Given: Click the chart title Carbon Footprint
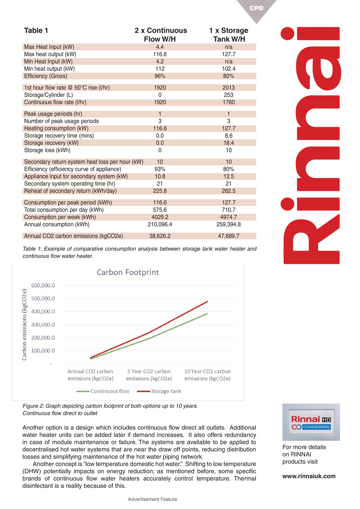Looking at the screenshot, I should (128, 272).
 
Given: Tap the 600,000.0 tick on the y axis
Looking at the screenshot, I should (43, 286).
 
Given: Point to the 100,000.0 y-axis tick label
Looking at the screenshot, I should (43, 351).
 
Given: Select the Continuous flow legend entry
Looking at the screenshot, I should (103, 391).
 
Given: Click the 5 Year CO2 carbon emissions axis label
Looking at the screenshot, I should (149, 375).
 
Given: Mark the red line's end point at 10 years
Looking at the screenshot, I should (207, 301).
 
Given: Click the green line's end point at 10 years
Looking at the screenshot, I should (207, 314).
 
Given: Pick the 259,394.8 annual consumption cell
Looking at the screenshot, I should (229, 224).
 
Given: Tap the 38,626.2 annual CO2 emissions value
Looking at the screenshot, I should (160, 236).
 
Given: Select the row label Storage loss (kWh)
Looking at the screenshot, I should (47, 150).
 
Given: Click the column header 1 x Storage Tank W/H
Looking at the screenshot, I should (229, 35).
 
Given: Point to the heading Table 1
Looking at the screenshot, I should (36, 31).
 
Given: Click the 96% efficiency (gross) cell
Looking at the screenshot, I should (160, 76).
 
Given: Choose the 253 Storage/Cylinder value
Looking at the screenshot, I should (229, 95).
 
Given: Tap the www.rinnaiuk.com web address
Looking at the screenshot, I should (309, 476).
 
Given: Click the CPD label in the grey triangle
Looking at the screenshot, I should (256, 8).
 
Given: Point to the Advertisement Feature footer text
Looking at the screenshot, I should (152, 499).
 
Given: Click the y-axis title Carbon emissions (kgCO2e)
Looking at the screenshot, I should (25, 325).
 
